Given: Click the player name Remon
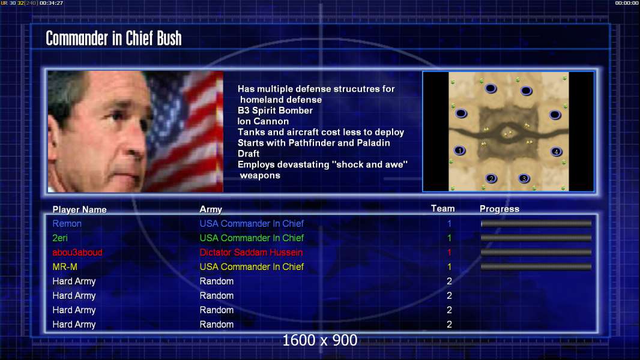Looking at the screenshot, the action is (67, 223).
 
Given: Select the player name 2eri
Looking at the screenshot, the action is (60, 238).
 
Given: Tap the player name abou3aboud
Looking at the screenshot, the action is (77, 253).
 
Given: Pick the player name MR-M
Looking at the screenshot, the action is (65, 266).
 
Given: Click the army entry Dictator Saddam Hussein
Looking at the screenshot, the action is (251, 253).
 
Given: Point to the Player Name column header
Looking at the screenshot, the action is (80, 209).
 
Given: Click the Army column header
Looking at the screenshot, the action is (211, 209).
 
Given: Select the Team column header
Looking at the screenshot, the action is (443, 208).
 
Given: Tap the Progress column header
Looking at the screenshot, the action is (500, 209).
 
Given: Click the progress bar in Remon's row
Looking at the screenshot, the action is (536, 223).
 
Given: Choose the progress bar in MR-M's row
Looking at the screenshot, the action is (536, 267).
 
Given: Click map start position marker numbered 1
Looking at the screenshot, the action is (460, 151).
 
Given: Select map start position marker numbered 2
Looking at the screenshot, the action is (492, 179).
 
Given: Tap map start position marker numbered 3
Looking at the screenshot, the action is (524, 178).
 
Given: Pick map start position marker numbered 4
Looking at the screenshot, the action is (556, 152).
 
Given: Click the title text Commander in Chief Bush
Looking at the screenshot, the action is (113, 38).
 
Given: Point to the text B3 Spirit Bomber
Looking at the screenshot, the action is (275, 110).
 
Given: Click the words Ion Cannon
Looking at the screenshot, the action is (264, 121).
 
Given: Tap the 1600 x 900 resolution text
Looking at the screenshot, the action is (319, 340).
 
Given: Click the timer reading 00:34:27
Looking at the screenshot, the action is (52, 3).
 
